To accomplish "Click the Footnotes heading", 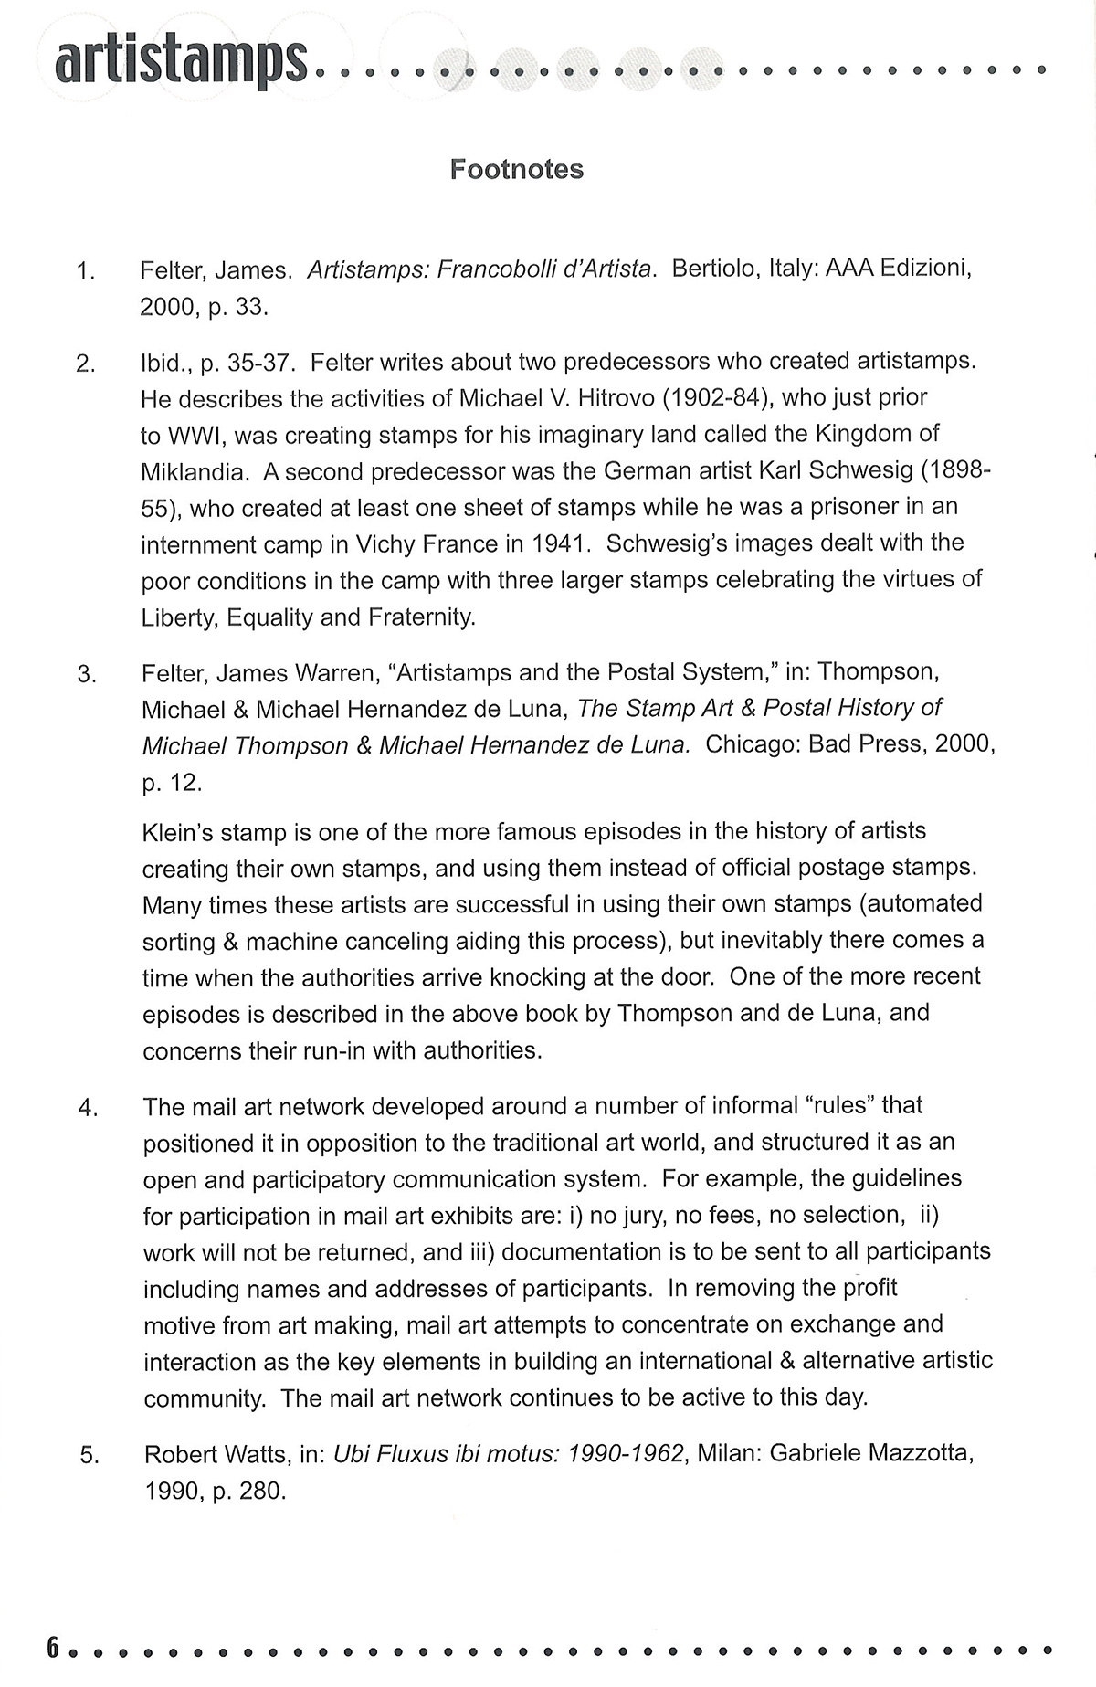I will pos(516,169).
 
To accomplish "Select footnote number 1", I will pos(85,272).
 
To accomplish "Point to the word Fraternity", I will pos(421,617).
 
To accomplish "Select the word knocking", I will pos(515,977).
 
